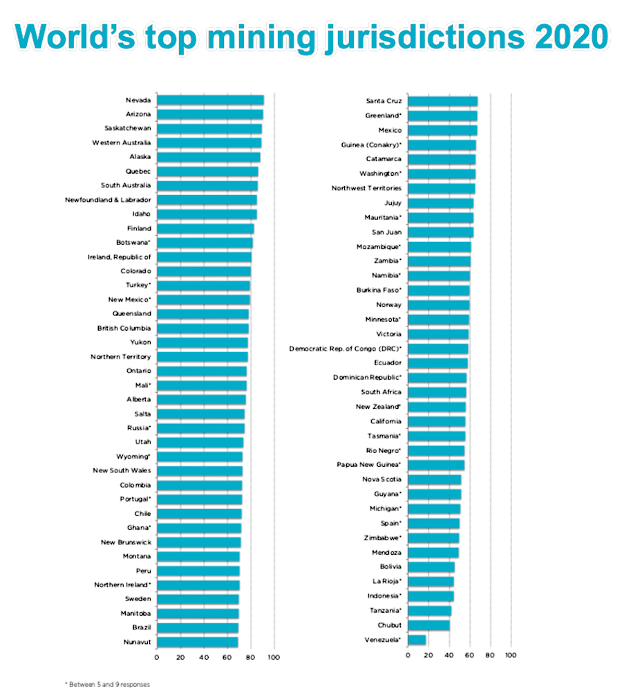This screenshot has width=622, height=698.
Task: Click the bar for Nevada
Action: click(210, 100)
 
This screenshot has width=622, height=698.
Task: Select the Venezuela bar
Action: click(417, 640)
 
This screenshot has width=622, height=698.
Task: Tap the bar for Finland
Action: click(205, 228)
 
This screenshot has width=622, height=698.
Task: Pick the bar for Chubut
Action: click(429, 625)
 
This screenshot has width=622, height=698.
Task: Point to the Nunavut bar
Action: click(197, 642)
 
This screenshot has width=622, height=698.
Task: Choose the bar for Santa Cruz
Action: click(443, 101)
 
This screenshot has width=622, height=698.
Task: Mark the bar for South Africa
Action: click(437, 392)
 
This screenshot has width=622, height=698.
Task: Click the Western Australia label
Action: click(122, 143)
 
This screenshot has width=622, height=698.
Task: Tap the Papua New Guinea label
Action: click(369, 465)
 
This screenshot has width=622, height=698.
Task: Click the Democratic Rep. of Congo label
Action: click(346, 349)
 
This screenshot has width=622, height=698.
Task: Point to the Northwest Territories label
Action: click(366, 188)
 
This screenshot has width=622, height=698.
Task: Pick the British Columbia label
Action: click(124, 328)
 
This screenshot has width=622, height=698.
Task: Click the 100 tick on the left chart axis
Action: click(274, 657)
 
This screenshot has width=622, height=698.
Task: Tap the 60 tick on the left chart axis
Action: click(227, 657)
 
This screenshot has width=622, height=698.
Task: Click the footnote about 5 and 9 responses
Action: click(108, 684)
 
